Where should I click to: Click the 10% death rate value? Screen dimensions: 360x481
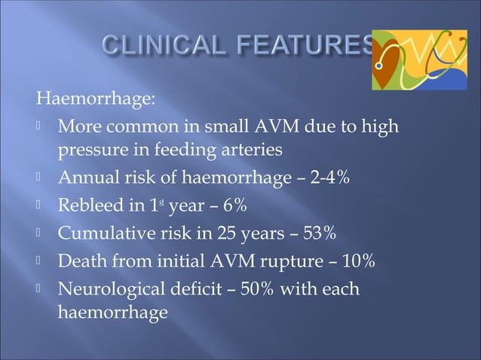358,261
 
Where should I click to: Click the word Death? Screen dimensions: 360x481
81,261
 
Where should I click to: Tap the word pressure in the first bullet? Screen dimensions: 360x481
90,151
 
